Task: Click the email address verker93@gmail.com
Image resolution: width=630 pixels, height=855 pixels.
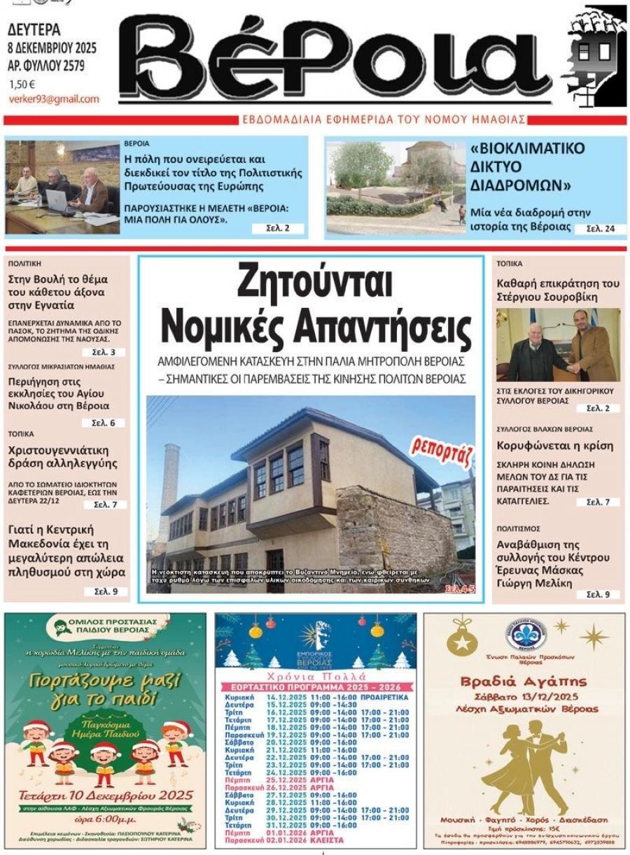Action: (x=54, y=99)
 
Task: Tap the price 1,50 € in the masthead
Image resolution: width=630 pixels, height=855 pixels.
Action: (x=22, y=85)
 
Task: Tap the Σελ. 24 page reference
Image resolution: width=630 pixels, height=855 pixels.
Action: (x=599, y=229)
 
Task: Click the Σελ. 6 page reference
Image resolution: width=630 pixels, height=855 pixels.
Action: (x=103, y=423)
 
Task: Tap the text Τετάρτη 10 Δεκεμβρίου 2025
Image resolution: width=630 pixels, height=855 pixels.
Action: (x=107, y=795)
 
